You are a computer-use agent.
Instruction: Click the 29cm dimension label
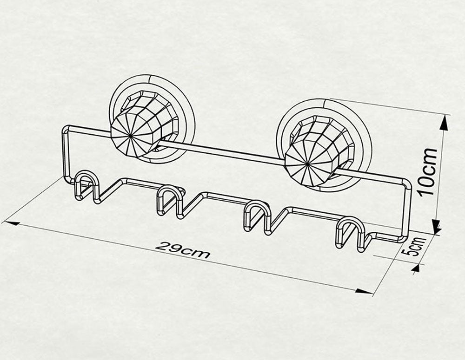click(182, 250)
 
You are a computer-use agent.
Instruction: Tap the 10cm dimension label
click(428, 171)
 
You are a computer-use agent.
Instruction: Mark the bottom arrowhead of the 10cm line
click(437, 227)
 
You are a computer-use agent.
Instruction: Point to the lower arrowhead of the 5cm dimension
click(416, 268)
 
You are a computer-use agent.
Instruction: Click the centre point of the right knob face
click(307, 164)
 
